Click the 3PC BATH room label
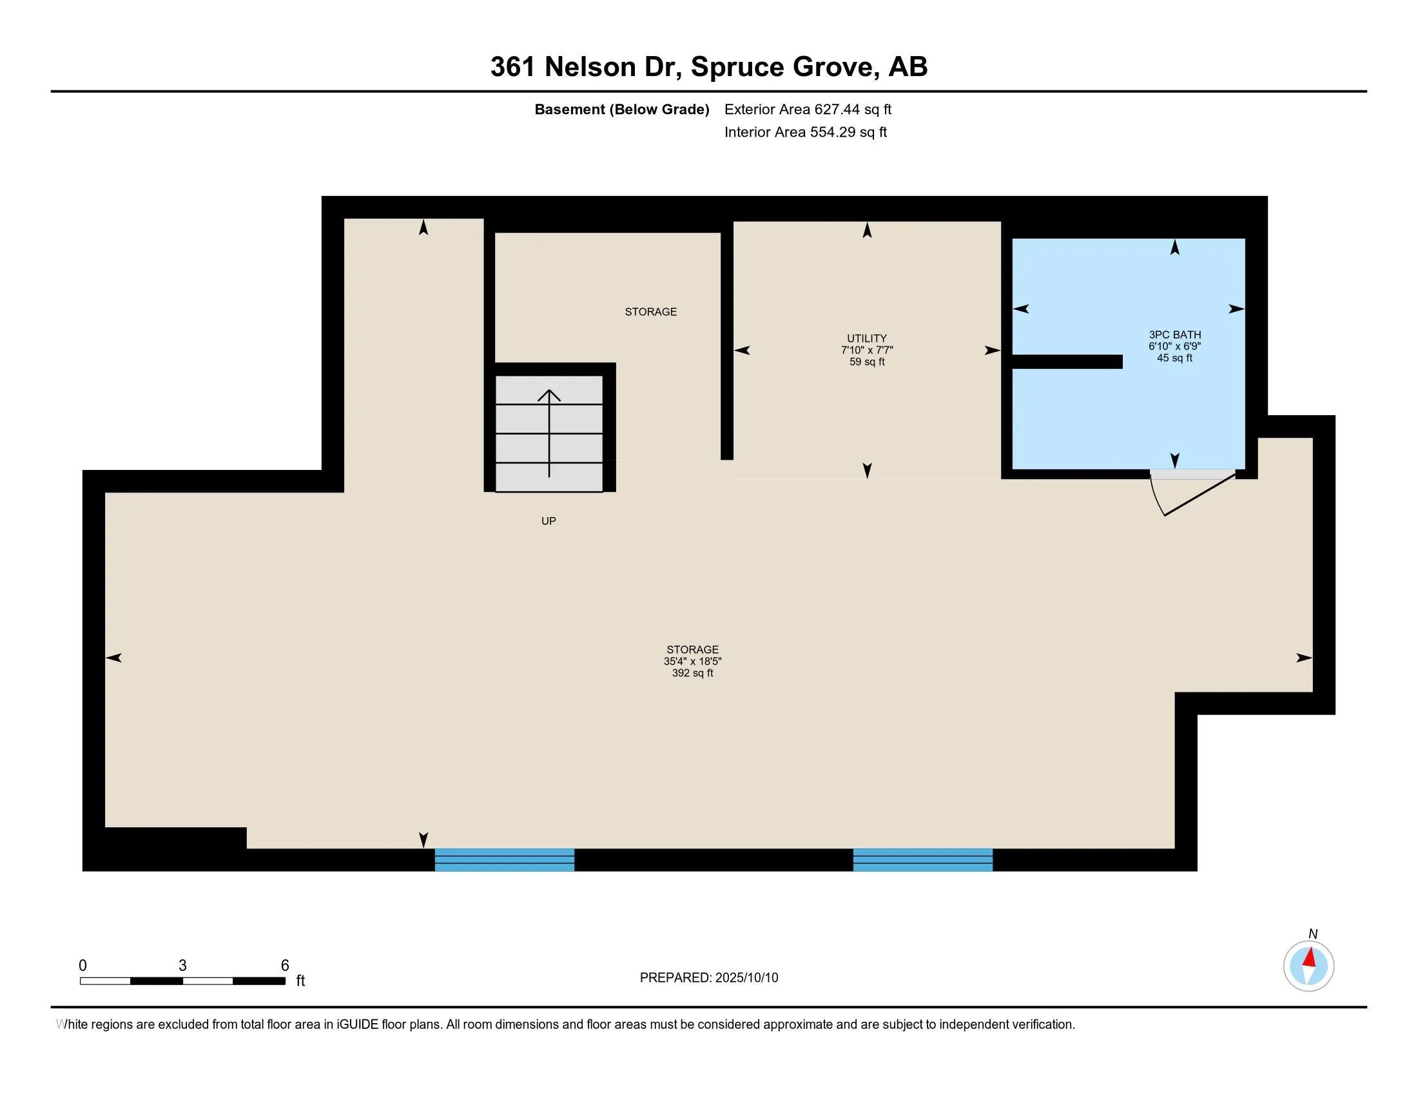click(x=1174, y=335)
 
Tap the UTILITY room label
click(x=867, y=338)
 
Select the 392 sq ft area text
click(x=692, y=673)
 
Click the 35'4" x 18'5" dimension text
click(x=692, y=661)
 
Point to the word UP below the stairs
click(x=549, y=521)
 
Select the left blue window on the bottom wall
click(x=505, y=859)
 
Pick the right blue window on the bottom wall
click(x=922, y=859)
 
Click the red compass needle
click(x=1310, y=957)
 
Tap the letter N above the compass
click(x=1313, y=934)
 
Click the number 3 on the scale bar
click(x=182, y=966)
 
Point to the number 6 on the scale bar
click(x=284, y=966)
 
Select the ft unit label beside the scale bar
click(x=300, y=981)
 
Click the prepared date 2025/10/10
click(x=746, y=978)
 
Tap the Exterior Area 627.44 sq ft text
click(x=808, y=109)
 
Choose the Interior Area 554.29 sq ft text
click(x=806, y=132)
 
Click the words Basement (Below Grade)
click(x=621, y=109)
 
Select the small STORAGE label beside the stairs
click(x=650, y=311)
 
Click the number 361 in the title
click(x=513, y=66)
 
